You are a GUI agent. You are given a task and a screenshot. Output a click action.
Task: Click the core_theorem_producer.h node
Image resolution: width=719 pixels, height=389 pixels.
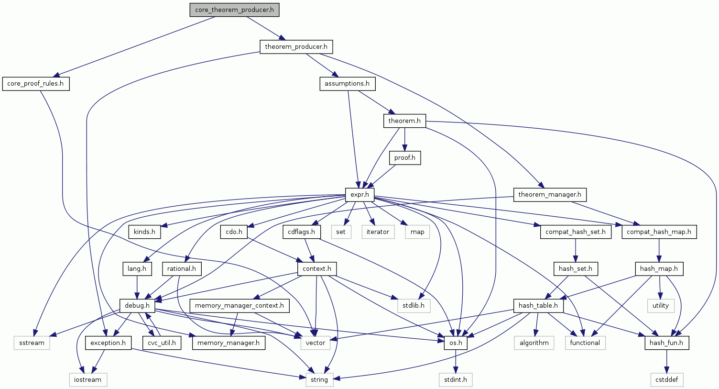(x=234, y=10)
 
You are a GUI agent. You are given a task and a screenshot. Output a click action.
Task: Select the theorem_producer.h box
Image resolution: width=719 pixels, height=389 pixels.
(x=296, y=47)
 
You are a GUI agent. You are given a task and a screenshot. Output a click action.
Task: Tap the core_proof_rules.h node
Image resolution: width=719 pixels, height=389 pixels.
(x=35, y=84)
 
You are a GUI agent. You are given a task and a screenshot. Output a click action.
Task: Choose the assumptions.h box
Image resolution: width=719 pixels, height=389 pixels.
(x=347, y=84)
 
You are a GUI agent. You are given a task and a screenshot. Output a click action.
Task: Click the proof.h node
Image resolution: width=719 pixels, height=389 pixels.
(x=404, y=158)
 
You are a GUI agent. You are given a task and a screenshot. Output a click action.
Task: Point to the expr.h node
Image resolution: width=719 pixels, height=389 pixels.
(x=359, y=195)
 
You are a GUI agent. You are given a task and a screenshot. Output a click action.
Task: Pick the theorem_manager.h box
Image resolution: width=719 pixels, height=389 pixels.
(x=549, y=195)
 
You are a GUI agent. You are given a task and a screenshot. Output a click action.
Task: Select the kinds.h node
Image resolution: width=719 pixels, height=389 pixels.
(x=144, y=232)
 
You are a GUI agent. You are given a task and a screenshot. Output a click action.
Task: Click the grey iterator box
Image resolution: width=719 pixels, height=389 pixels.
(x=378, y=232)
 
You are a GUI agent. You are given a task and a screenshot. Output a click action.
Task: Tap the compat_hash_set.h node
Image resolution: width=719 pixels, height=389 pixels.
(x=575, y=232)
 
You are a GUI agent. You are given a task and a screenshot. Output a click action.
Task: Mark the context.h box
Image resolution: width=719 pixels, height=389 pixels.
(x=316, y=269)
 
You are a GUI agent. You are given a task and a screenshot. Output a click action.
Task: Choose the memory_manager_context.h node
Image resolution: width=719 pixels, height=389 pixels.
(x=239, y=306)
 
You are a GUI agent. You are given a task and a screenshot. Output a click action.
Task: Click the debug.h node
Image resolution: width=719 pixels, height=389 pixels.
(x=137, y=306)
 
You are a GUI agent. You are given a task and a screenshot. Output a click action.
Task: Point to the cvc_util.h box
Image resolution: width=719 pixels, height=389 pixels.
(x=162, y=343)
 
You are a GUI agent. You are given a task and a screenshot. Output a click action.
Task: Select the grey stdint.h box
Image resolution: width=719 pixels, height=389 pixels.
(x=456, y=380)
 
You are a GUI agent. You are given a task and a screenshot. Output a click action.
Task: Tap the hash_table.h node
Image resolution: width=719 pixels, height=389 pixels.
(x=538, y=306)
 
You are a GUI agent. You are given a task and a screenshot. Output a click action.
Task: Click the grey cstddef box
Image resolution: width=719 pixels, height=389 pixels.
(x=666, y=380)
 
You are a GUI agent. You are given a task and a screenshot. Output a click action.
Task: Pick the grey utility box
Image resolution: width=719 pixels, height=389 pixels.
(x=660, y=306)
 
